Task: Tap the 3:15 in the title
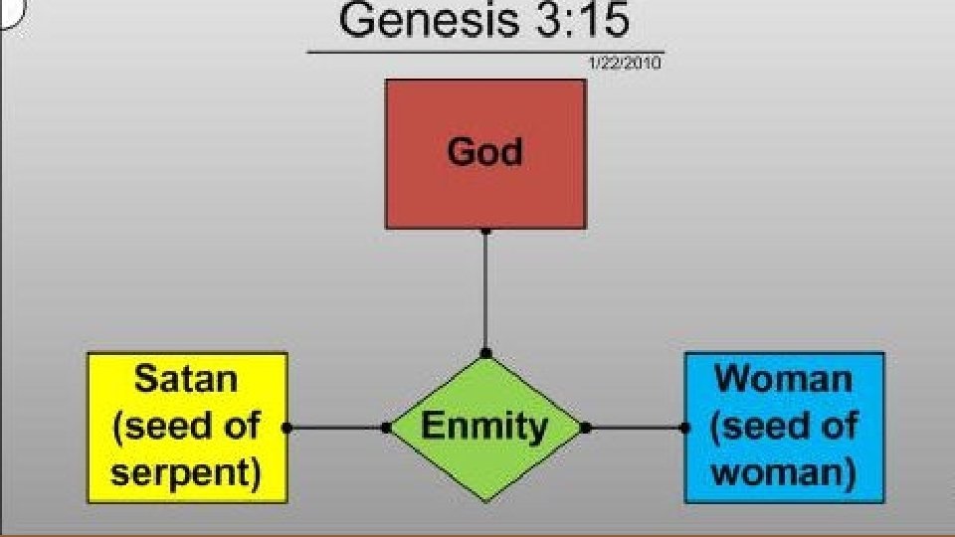pos(582,21)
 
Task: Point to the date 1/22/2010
pos(625,63)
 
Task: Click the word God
pos(484,152)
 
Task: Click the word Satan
pos(187,379)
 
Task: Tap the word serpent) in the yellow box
pos(187,473)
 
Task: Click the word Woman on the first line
pos(784,379)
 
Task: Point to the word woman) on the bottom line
pos(784,473)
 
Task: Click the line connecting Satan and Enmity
pos(336,429)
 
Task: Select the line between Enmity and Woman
pos(635,429)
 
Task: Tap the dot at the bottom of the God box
pos(485,231)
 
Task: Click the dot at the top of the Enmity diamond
pos(485,353)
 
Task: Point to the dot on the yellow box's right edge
pos(286,429)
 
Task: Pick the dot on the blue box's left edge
pos(684,429)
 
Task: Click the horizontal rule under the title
pos(484,51)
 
